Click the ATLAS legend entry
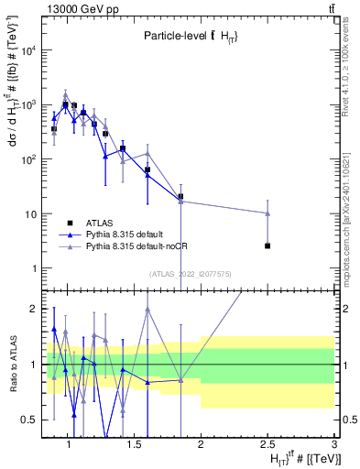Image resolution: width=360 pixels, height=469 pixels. [x=99, y=223]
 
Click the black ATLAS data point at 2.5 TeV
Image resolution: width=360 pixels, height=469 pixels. [x=267, y=245]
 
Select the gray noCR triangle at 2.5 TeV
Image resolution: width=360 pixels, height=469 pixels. [x=267, y=213]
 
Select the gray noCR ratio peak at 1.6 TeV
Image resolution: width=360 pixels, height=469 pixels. [x=147, y=309]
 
